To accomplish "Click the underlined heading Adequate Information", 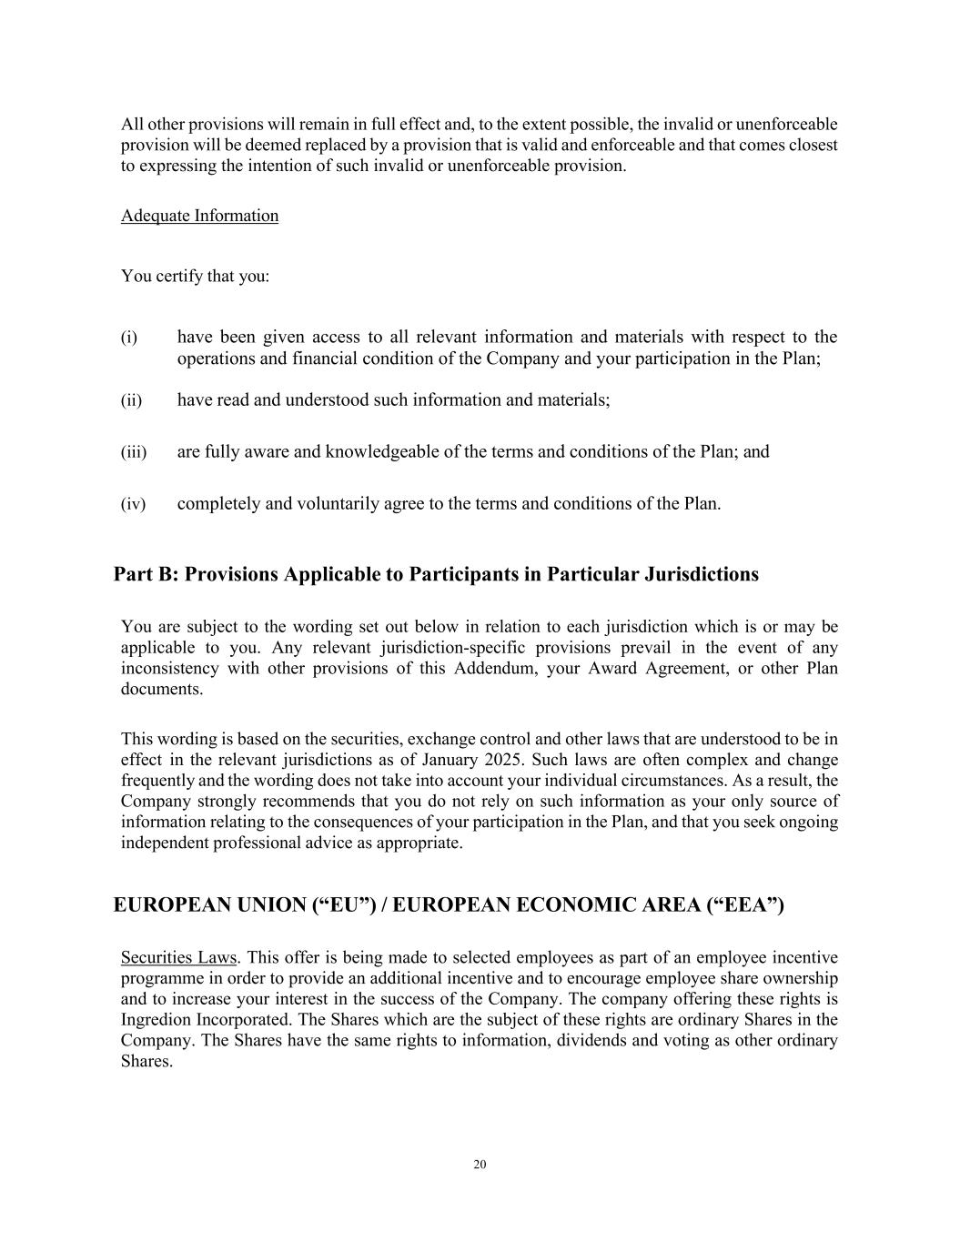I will coord(199,216).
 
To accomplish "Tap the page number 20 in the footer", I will coord(480,1165).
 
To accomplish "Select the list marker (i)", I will coord(129,338).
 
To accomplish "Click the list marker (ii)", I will coord(131,400).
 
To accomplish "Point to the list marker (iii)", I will coord(134,452).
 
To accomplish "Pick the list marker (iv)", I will coord(133,504).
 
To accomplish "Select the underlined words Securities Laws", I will coord(178,957).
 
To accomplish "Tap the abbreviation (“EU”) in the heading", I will coord(345,905).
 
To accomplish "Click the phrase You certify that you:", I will coord(195,276).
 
